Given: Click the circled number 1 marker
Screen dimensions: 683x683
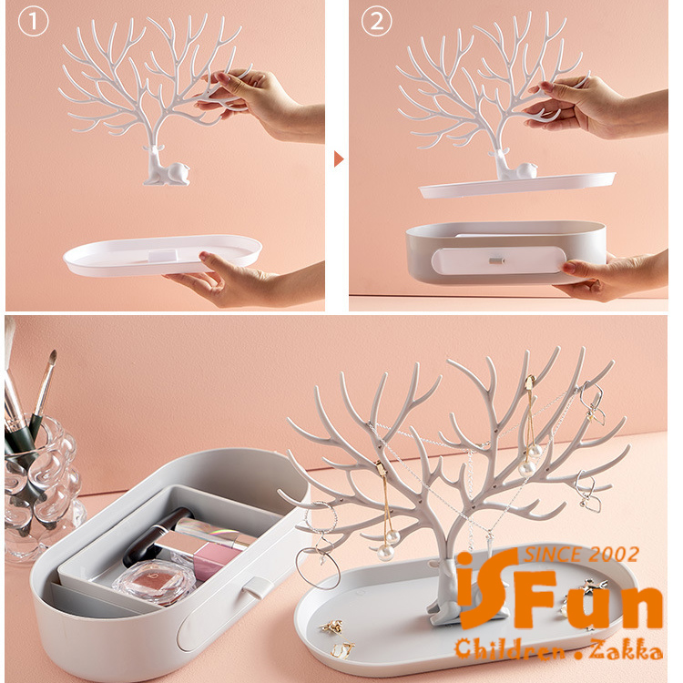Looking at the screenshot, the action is [x=33, y=22].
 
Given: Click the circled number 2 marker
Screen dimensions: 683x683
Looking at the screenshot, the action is [x=377, y=21].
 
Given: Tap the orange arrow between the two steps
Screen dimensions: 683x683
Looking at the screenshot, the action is [x=339, y=159].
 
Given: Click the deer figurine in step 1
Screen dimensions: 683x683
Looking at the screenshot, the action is [x=166, y=166].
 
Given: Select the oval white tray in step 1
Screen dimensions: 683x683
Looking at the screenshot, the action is [x=162, y=256].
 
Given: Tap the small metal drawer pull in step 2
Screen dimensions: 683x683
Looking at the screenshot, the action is [x=496, y=261].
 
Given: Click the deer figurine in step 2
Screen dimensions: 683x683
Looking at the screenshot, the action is [x=515, y=165].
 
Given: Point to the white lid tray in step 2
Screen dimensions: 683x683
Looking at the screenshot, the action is [x=517, y=186].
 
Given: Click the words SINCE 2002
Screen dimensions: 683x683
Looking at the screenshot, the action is [x=582, y=555].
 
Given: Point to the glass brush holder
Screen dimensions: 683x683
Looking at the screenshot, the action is [x=41, y=488].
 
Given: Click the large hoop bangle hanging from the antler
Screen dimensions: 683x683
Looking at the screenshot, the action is [x=318, y=568].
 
